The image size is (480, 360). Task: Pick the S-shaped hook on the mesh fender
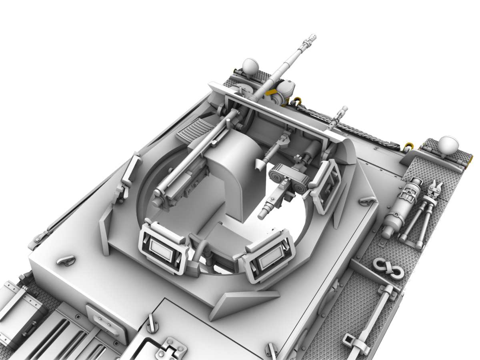coord(388,268)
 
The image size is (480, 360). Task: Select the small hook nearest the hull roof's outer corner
coord(66,260)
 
